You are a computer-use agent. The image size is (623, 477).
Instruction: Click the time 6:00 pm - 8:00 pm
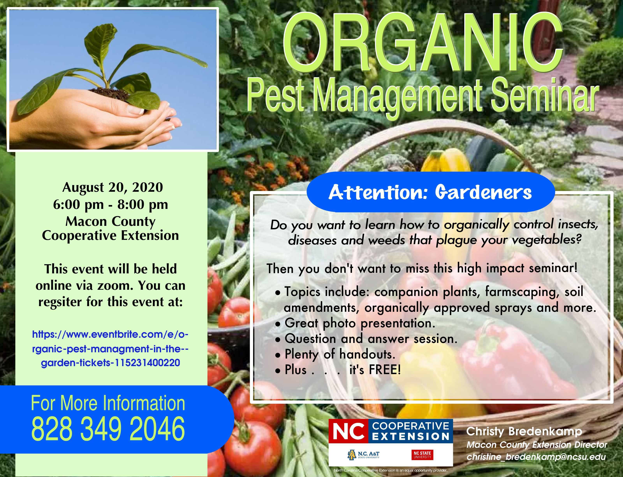tap(110, 204)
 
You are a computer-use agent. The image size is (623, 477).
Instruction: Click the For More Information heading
tap(108, 403)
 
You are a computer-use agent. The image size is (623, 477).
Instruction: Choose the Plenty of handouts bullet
tap(340, 354)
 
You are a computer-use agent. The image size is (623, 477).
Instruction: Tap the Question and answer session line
tap(371, 339)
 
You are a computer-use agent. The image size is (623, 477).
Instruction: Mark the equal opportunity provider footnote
tap(390, 470)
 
